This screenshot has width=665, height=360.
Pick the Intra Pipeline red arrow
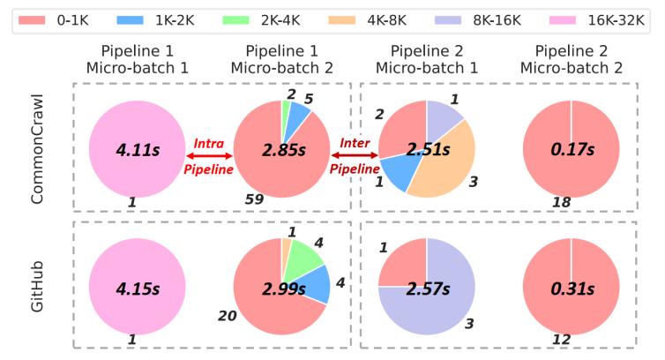tap(209, 155)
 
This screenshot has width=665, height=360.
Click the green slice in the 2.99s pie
tap(307, 257)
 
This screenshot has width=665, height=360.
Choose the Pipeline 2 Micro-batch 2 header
tap(571, 60)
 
